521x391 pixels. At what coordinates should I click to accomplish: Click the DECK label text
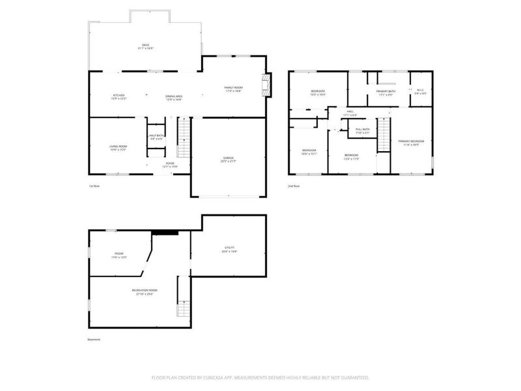pos(145,46)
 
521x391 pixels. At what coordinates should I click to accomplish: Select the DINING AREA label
pos(173,97)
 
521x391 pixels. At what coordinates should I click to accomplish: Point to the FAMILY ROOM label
pos(233,89)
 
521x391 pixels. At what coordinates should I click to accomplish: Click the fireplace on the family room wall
pos(264,85)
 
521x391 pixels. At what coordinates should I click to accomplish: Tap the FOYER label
pos(169,164)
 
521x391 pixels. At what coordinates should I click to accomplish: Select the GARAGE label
pos(227,158)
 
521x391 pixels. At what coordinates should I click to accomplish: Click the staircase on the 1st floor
pos(184,138)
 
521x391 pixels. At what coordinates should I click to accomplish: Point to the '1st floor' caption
pos(94,186)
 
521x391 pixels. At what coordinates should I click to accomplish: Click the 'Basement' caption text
pos(94,340)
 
